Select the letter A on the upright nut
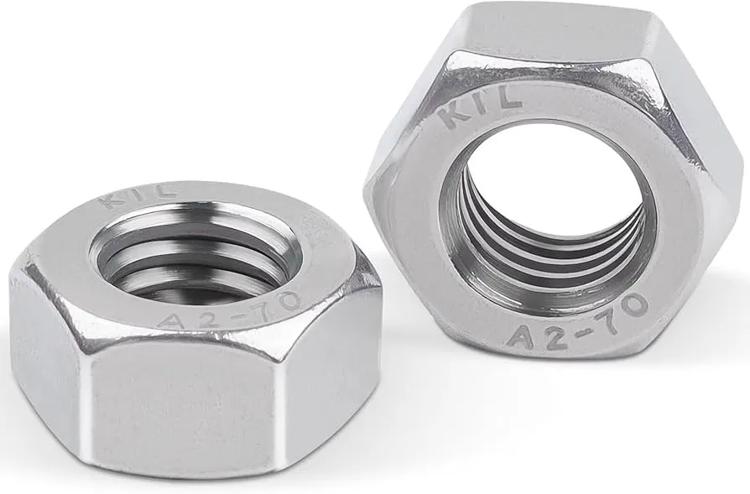523,337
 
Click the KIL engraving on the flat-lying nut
138,195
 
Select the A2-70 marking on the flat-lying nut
230,311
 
